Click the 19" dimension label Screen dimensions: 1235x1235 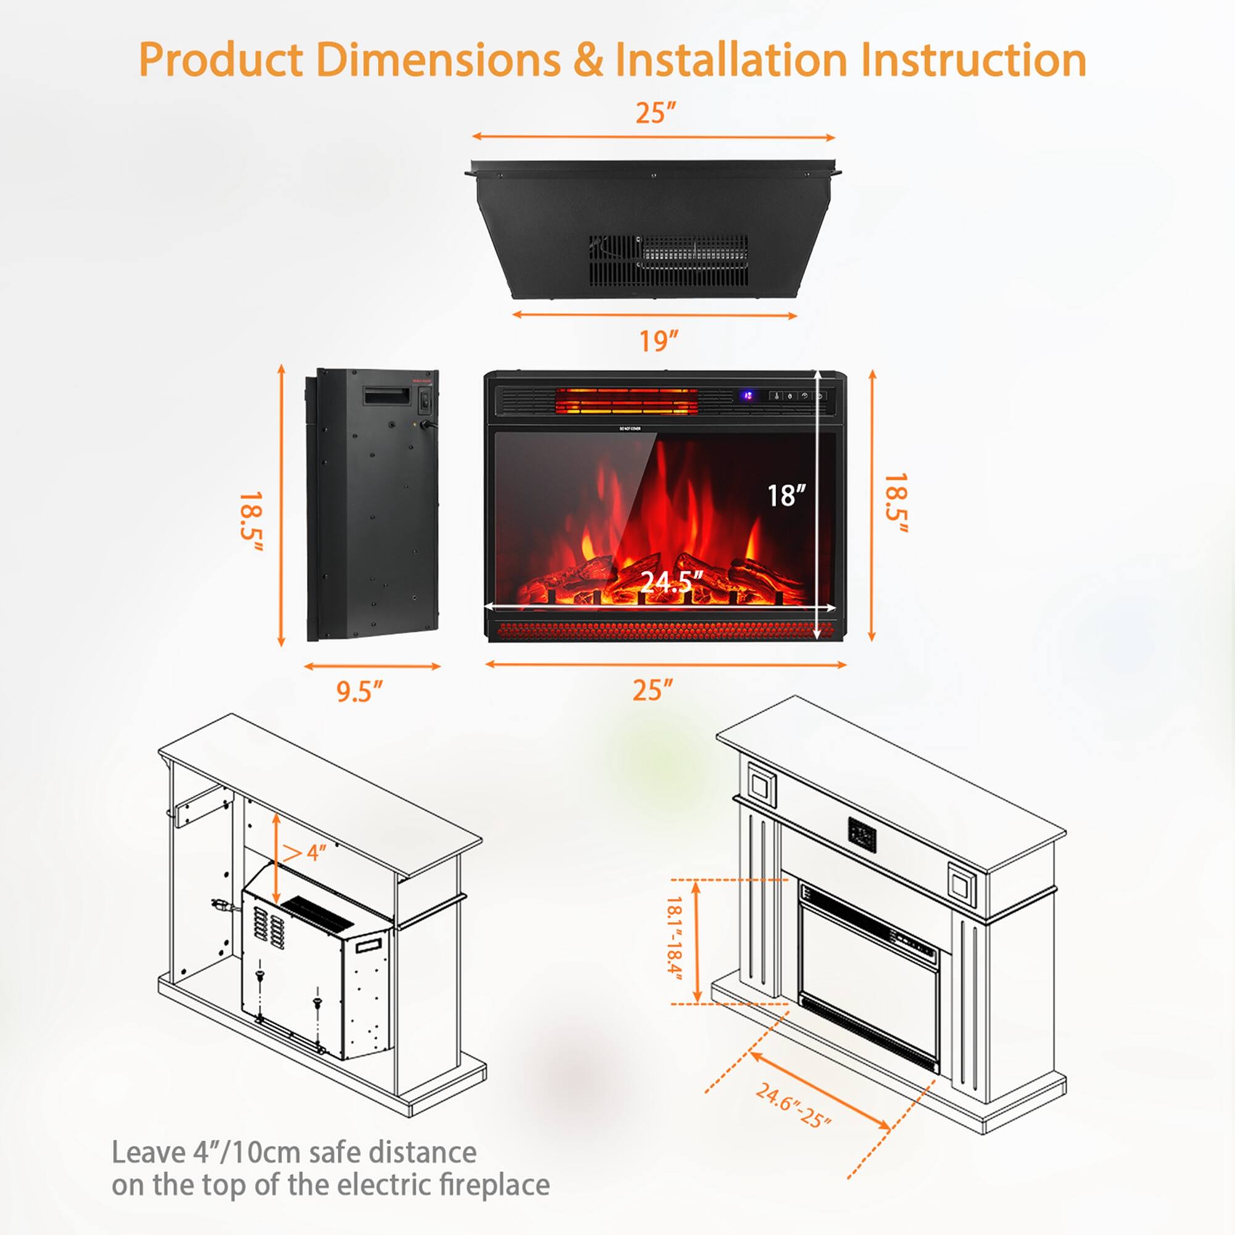(658, 341)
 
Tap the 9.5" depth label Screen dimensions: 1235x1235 (359, 691)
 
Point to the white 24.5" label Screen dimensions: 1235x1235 (671, 581)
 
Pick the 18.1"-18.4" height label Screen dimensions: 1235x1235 (675, 944)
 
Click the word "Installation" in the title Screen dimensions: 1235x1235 (731, 59)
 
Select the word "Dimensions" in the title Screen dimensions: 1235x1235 (438, 59)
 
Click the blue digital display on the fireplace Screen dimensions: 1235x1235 (747, 396)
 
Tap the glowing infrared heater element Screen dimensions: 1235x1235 (626, 401)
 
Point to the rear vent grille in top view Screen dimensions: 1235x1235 (669, 260)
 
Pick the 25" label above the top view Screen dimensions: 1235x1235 (655, 113)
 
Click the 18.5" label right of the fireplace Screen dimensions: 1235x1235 (895, 503)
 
